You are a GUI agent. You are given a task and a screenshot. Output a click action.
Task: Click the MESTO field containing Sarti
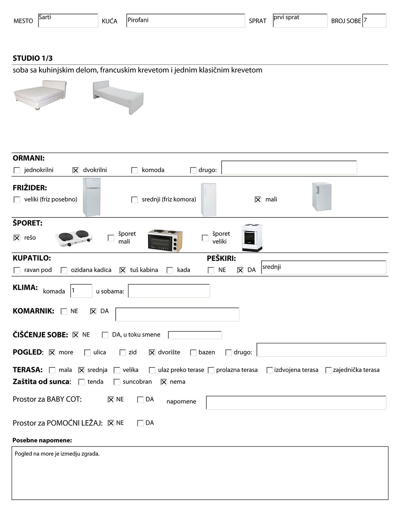point(68,21)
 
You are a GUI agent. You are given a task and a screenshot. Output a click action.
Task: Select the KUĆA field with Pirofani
point(185,21)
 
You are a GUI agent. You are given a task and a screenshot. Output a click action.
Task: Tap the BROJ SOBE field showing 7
point(374,21)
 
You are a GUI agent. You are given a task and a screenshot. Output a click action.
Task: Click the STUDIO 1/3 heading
point(33,58)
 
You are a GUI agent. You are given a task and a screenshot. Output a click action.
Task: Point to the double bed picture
point(40,95)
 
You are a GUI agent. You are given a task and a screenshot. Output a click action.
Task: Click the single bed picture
point(118,97)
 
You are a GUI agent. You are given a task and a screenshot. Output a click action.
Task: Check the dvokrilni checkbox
point(76,170)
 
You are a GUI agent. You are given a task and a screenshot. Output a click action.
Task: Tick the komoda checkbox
point(135,170)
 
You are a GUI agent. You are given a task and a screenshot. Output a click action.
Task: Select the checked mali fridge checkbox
point(258,200)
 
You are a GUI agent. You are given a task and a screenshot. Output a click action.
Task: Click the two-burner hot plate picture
point(74,238)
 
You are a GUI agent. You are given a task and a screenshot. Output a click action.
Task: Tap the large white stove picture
point(252,238)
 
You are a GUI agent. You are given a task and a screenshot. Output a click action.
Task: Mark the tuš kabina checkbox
point(123,270)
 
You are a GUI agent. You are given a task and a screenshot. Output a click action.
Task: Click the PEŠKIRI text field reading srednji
point(323,268)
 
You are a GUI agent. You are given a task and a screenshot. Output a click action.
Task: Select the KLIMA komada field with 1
point(81,291)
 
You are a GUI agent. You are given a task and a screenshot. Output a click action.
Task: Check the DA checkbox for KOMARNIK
point(93,311)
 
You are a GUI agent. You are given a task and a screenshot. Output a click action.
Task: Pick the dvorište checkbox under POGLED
point(152,352)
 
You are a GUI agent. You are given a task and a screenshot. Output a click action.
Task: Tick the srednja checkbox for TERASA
point(82,370)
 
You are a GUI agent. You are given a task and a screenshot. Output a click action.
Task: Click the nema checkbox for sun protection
point(164,382)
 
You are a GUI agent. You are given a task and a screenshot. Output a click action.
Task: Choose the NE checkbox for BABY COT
point(111,399)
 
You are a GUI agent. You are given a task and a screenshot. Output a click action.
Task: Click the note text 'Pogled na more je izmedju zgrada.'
point(57,454)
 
